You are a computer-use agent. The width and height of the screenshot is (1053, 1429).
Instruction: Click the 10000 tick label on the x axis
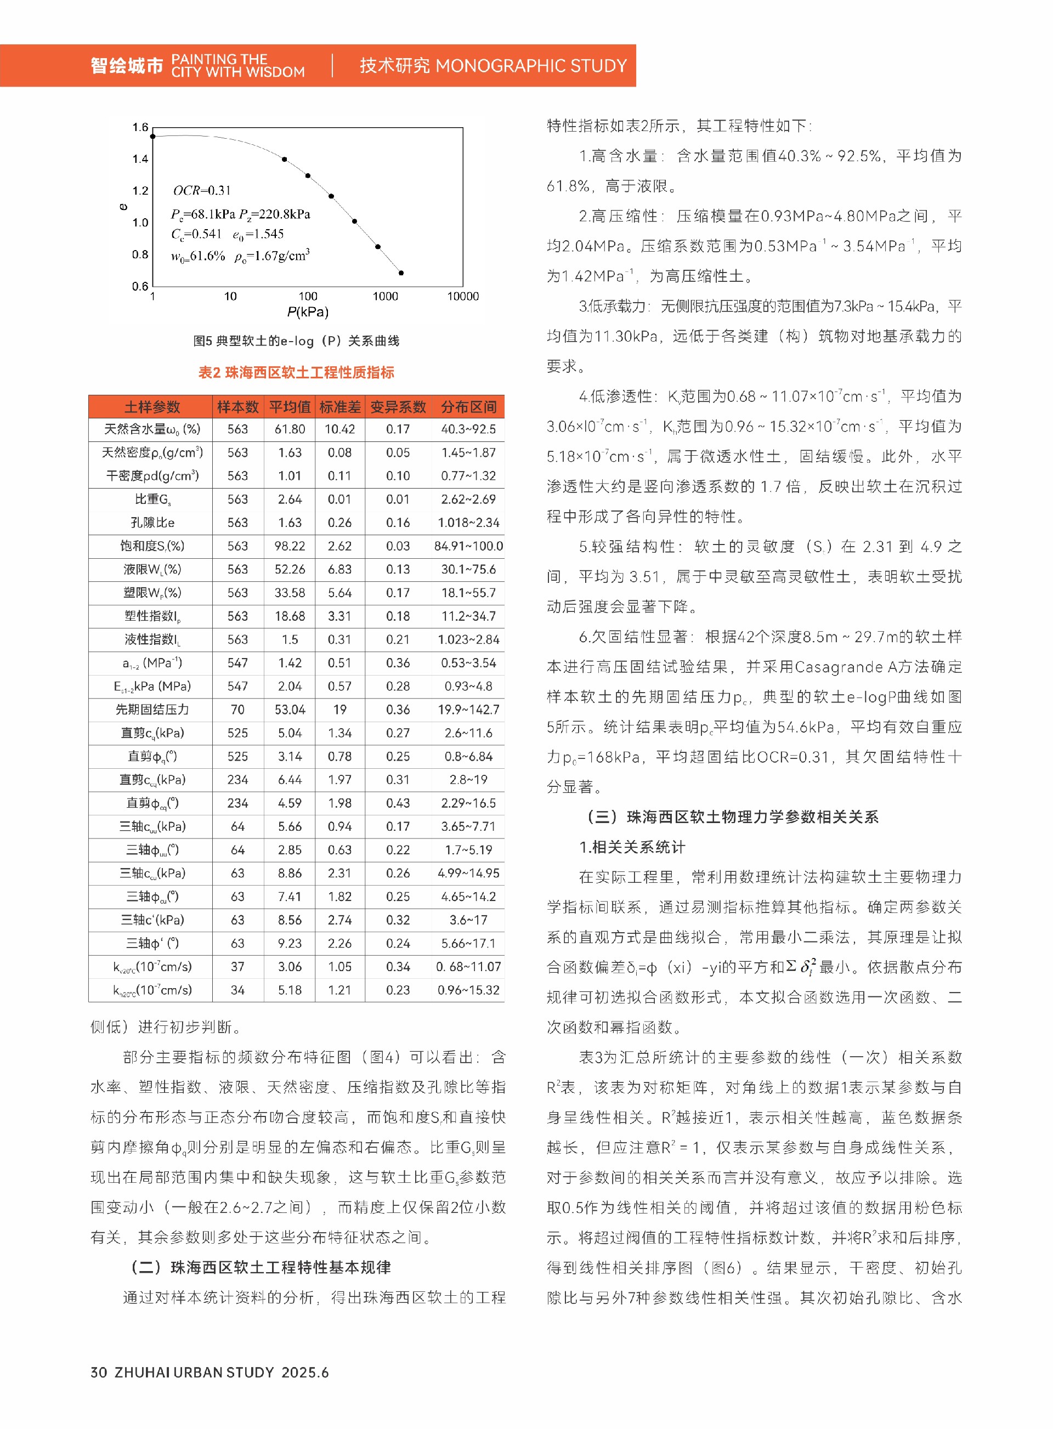(x=463, y=296)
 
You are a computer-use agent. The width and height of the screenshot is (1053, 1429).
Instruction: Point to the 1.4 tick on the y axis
(x=140, y=158)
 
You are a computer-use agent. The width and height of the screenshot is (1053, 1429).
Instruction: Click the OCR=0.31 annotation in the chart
(x=202, y=191)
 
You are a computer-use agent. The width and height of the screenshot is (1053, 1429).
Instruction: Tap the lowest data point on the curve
(x=401, y=273)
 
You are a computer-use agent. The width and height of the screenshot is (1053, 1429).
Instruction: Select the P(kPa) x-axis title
(x=308, y=313)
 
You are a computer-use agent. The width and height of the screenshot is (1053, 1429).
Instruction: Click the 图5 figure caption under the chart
(x=296, y=341)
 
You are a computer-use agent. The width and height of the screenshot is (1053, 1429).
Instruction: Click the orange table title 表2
(x=296, y=372)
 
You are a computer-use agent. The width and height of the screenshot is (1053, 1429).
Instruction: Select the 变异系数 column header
(x=398, y=407)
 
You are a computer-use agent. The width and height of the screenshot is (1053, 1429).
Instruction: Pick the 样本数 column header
(x=238, y=407)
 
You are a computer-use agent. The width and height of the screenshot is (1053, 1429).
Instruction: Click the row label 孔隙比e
(x=152, y=523)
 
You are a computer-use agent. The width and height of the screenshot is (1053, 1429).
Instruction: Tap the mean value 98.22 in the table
(x=290, y=546)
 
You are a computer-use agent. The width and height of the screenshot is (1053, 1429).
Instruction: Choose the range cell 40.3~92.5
(x=468, y=429)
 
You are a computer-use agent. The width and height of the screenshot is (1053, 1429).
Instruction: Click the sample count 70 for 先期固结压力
(x=238, y=710)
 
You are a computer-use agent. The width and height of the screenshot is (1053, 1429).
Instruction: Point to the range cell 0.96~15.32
(x=468, y=990)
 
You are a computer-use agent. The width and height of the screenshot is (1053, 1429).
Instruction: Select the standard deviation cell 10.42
(x=339, y=429)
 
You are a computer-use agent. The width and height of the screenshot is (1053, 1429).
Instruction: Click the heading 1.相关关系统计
(x=632, y=847)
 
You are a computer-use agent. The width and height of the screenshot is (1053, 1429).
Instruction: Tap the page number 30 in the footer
(x=99, y=1373)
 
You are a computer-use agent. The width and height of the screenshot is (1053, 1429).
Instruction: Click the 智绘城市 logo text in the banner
(x=127, y=66)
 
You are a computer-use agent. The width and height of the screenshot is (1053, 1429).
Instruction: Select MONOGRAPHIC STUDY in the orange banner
(x=531, y=66)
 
